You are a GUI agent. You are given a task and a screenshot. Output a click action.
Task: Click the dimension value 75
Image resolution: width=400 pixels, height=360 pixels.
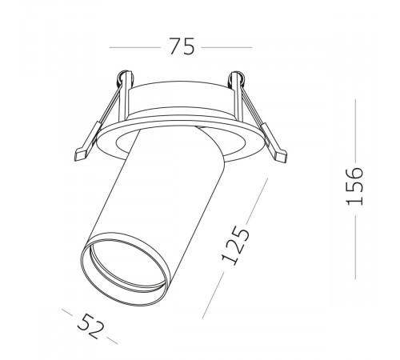182,46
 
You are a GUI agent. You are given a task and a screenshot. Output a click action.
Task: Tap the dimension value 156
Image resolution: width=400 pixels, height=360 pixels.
354,186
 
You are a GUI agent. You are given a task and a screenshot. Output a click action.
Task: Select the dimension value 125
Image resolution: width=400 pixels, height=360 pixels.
236,246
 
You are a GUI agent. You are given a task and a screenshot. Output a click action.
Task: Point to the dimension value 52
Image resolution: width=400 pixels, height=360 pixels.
90,326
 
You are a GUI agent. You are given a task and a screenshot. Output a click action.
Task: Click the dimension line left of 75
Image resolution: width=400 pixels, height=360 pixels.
135,47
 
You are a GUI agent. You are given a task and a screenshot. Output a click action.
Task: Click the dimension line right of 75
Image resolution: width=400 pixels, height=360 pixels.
226,47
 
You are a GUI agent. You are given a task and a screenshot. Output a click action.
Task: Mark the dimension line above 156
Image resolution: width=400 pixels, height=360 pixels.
355,130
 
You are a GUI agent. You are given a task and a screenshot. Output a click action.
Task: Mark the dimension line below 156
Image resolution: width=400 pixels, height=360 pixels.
355,247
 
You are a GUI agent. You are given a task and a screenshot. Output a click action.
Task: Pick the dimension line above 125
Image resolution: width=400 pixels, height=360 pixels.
257,200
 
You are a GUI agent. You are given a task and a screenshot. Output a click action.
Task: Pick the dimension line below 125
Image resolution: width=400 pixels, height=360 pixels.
213,295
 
